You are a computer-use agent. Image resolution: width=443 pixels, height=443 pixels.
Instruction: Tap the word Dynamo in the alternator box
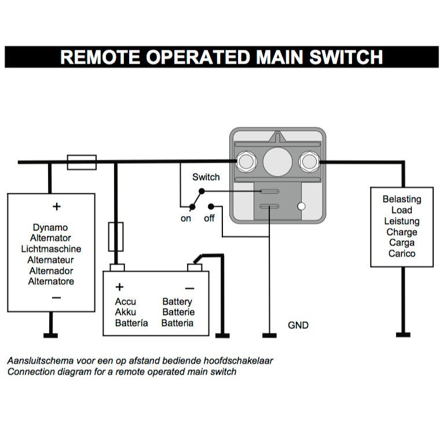click(50, 228)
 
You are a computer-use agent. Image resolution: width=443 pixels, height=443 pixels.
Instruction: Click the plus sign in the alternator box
click(56, 206)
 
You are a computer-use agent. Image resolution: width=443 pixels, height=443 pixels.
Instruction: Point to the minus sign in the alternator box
click(56, 298)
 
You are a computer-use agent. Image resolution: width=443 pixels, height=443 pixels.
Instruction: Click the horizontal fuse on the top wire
click(82, 162)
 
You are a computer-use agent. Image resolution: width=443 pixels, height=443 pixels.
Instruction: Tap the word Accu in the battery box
click(125, 302)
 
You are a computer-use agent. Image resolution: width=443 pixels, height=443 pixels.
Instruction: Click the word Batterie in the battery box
click(178, 312)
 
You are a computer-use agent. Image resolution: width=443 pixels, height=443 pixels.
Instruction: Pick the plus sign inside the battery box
click(120, 287)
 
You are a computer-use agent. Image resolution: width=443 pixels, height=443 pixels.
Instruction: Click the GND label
click(298, 325)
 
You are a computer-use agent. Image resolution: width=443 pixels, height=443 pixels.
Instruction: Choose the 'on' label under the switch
click(186, 218)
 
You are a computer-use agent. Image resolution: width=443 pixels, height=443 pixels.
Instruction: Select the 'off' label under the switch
click(209, 218)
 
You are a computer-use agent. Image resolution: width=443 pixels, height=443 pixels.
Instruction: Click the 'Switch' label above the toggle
click(206, 177)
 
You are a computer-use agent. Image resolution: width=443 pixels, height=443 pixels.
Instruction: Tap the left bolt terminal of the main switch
click(247, 160)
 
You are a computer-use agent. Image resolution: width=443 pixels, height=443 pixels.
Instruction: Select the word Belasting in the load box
click(402, 199)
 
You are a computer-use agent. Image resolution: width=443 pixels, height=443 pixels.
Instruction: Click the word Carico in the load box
click(402, 254)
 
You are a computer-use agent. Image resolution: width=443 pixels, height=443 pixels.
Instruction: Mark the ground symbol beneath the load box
click(403, 334)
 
